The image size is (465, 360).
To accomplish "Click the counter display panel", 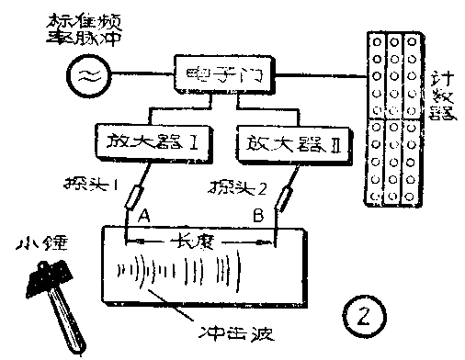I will [x=395, y=119].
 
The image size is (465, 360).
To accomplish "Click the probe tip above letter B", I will [x=284, y=198].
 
